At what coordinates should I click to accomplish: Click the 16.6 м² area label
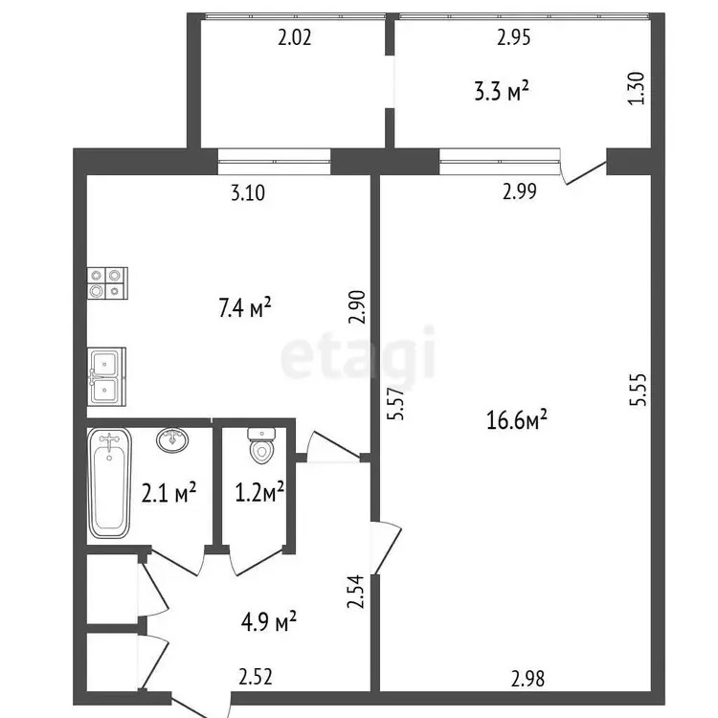(x=517, y=419)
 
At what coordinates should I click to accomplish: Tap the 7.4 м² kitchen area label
(x=245, y=307)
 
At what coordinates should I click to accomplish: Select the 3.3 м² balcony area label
(x=502, y=91)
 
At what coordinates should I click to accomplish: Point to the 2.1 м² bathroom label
(x=168, y=493)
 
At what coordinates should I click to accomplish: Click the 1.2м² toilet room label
(x=259, y=493)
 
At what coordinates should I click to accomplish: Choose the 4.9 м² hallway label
(x=269, y=621)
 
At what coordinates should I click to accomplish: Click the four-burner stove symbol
(x=107, y=283)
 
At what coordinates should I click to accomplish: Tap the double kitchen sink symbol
(x=106, y=376)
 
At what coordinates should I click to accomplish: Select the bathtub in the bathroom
(x=109, y=483)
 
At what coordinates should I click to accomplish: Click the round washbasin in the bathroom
(x=172, y=440)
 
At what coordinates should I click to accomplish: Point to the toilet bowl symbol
(x=261, y=445)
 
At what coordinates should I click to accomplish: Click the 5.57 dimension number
(x=396, y=403)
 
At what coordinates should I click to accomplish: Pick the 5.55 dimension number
(x=638, y=390)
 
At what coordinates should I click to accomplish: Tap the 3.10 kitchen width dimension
(x=248, y=192)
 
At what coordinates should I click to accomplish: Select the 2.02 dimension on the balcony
(x=295, y=37)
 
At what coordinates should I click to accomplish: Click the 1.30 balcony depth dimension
(x=636, y=88)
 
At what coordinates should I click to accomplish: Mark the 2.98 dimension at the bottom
(x=527, y=679)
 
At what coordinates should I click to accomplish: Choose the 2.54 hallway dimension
(x=355, y=592)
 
